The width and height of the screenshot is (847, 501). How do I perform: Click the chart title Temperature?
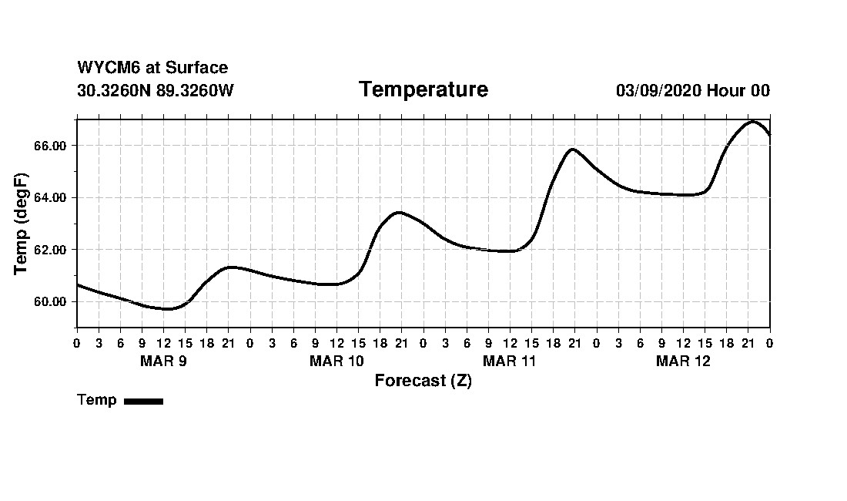423,90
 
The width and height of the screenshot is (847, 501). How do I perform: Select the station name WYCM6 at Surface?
152,68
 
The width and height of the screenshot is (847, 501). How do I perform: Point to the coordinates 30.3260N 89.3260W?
156,90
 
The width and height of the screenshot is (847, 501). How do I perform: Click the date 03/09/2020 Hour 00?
692,90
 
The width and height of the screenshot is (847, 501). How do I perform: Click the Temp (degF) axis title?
22,224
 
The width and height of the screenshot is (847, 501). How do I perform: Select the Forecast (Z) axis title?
423,381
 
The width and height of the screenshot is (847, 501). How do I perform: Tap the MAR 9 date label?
163,361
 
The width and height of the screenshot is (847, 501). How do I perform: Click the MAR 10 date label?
336,361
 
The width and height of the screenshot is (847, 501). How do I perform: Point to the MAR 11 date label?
510,361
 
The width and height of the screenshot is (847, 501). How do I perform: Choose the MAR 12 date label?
683,361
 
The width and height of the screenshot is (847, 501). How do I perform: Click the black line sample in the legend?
144,401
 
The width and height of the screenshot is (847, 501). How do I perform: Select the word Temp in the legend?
97,400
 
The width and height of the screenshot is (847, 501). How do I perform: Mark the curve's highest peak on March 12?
752,122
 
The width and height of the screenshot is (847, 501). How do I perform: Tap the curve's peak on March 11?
572,149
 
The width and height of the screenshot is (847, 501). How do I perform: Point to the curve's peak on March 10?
398,212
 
